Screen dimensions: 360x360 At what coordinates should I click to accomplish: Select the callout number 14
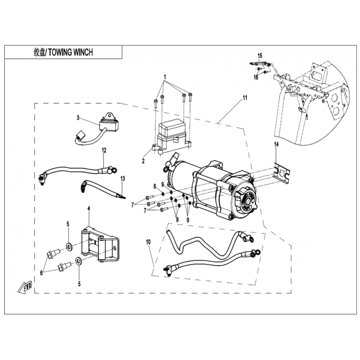pyautogui.click(x=277, y=144)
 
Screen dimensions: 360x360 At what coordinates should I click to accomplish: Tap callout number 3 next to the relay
pyautogui.click(x=78, y=118)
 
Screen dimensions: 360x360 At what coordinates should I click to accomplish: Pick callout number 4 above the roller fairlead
pyautogui.click(x=89, y=208)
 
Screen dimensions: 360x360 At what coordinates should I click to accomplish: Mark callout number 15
pyautogui.click(x=259, y=55)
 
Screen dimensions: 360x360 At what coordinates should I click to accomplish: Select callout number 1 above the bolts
pyautogui.click(x=165, y=76)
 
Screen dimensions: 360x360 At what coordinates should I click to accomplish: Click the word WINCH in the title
pyautogui.click(x=81, y=52)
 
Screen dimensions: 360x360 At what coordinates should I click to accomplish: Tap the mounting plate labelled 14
pyautogui.click(x=280, y=172)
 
